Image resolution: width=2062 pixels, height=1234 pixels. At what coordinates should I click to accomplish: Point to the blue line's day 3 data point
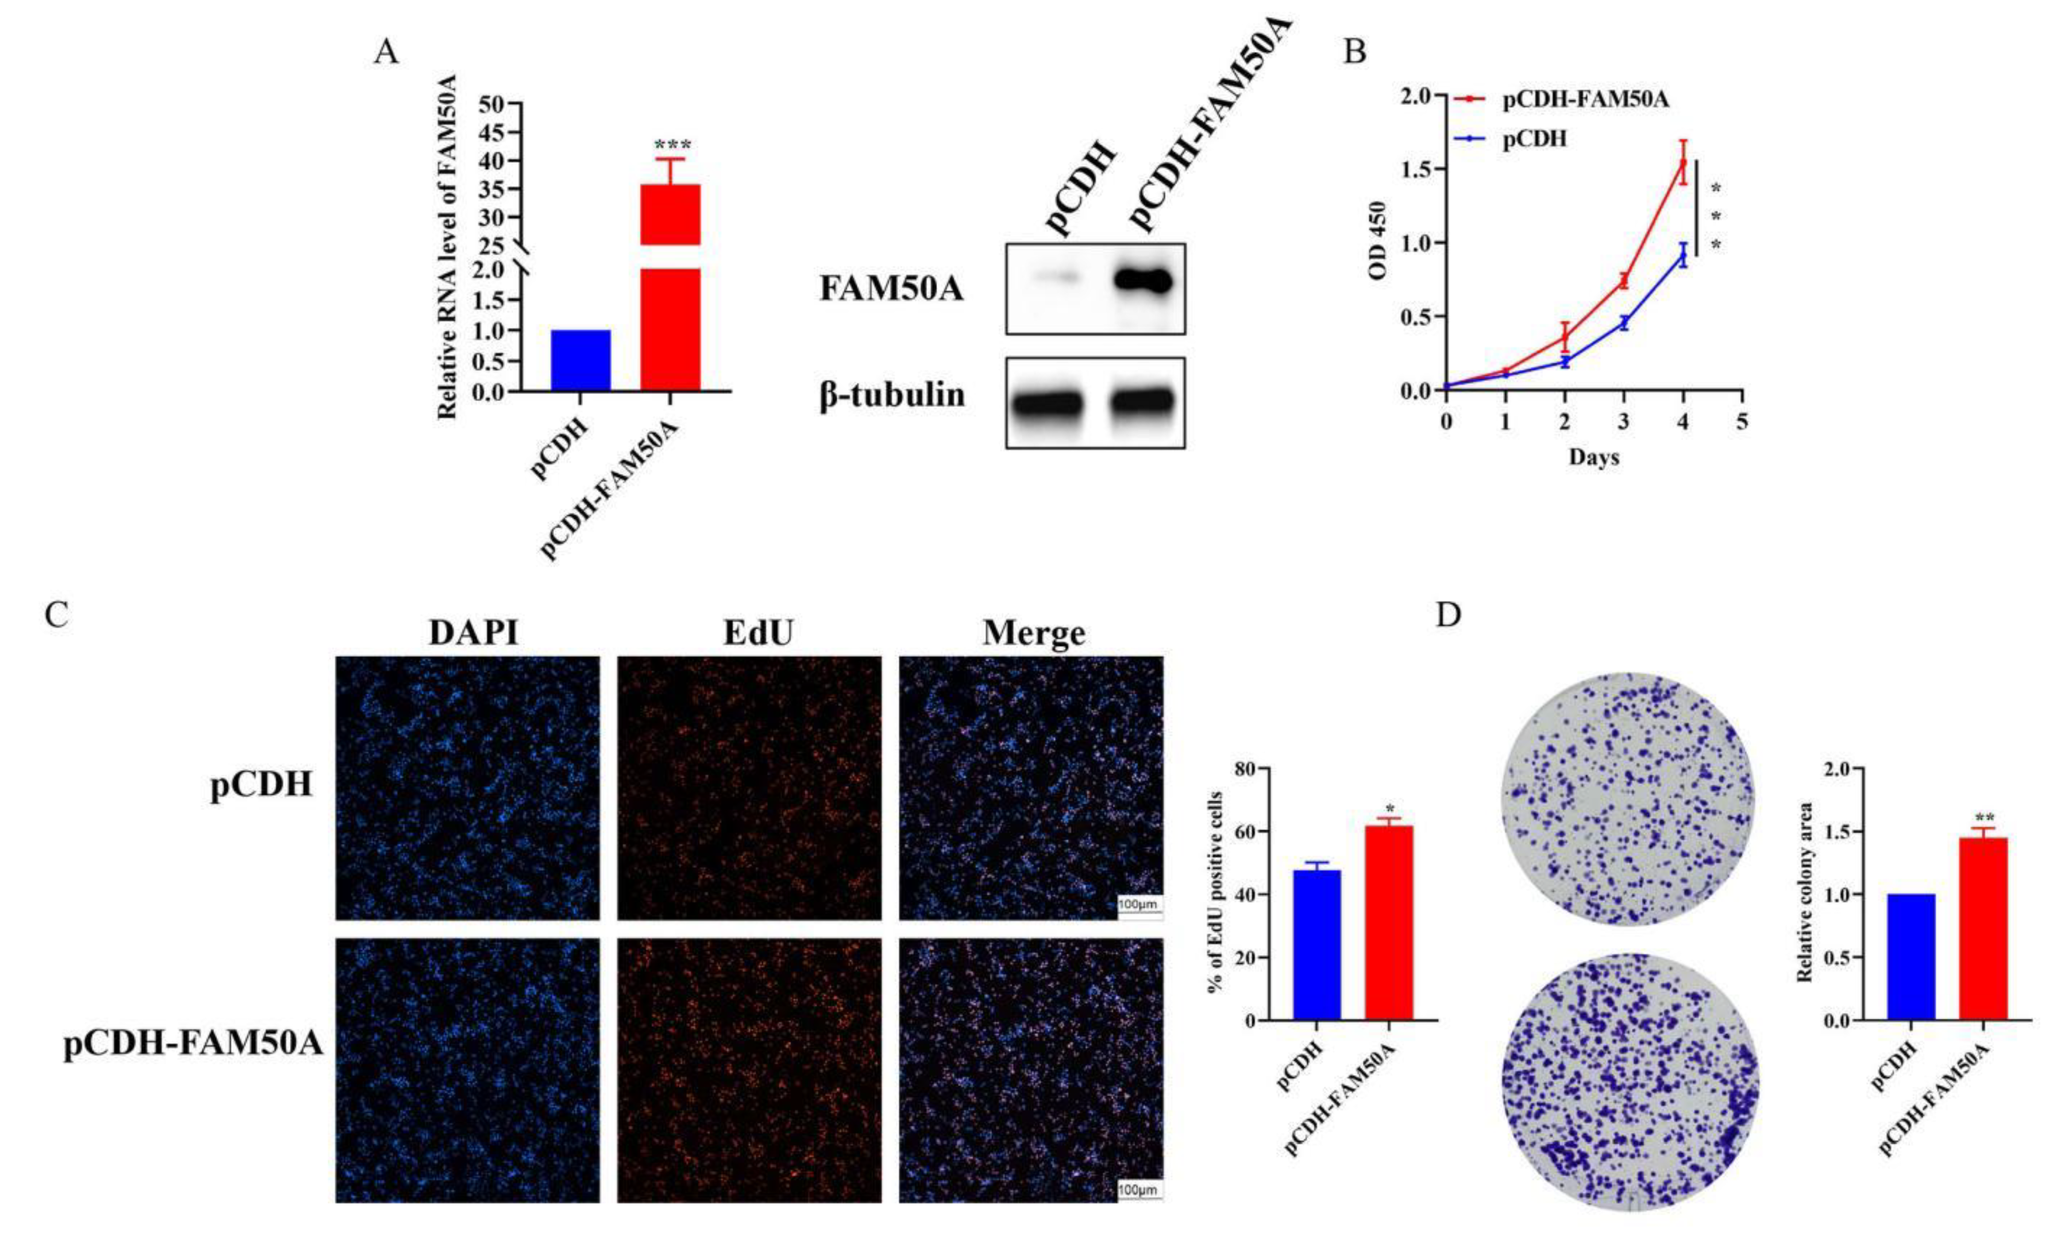tap(1624, 323)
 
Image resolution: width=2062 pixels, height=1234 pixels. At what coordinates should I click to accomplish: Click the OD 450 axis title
tap(1378, 241)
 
